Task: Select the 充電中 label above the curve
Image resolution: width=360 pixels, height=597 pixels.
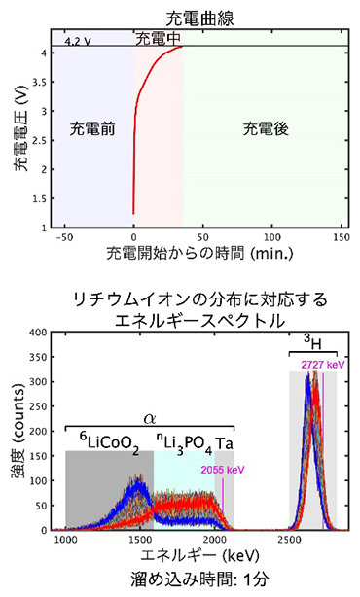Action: (158, 39)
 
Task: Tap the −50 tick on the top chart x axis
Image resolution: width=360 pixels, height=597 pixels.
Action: (63, 236)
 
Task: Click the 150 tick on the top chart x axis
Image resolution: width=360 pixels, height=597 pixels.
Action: (341, 236)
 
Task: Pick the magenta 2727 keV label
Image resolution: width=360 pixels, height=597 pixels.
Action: (324, 365)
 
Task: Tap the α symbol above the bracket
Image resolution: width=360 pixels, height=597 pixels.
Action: (150, 417)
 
